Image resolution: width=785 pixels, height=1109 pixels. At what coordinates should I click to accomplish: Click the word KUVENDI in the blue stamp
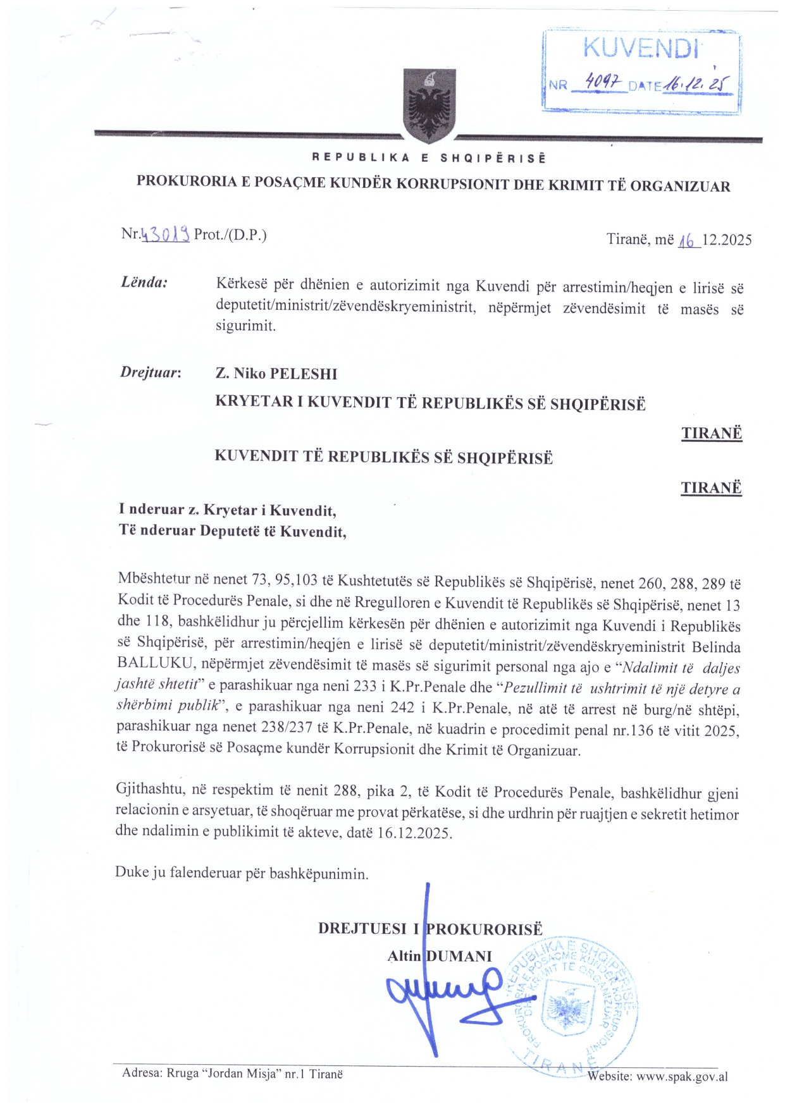(x=640, y=48)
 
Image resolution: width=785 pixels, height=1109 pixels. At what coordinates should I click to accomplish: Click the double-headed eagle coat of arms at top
(x=430, y=106)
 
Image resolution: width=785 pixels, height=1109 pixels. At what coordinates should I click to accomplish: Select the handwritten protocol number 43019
(x=165, y=235)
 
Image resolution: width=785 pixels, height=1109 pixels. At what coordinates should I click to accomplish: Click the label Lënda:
(x=144, y=282)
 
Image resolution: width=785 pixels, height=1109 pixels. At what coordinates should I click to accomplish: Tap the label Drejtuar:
(x=151, y=372)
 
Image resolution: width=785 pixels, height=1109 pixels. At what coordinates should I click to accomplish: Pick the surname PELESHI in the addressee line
(x=304, y=374)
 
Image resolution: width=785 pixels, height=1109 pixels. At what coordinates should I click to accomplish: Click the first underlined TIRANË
(x=711, y=434)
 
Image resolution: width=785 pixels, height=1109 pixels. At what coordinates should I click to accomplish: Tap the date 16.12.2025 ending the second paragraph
(x=414, y=833)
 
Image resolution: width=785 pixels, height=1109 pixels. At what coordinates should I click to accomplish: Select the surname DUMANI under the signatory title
(x=459, y=956)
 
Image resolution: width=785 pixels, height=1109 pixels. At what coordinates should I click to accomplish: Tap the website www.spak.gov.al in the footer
(x=681, y=1076)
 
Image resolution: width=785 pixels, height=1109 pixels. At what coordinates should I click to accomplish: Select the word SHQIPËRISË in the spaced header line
(x=493, y=158)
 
